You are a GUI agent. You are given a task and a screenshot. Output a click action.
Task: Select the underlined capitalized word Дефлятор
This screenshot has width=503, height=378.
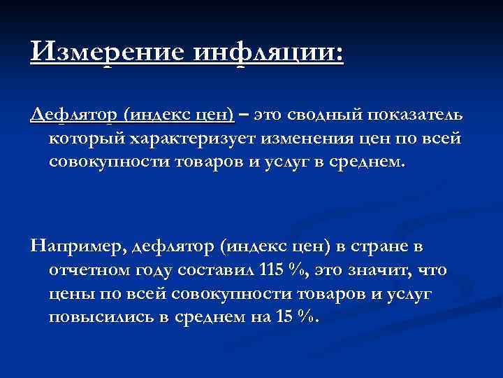(x=74, y=114)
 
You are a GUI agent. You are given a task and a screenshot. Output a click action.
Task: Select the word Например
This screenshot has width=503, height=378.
(x=76, y=247)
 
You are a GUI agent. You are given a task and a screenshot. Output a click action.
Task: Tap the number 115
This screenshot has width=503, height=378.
(x=272, y=270)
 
